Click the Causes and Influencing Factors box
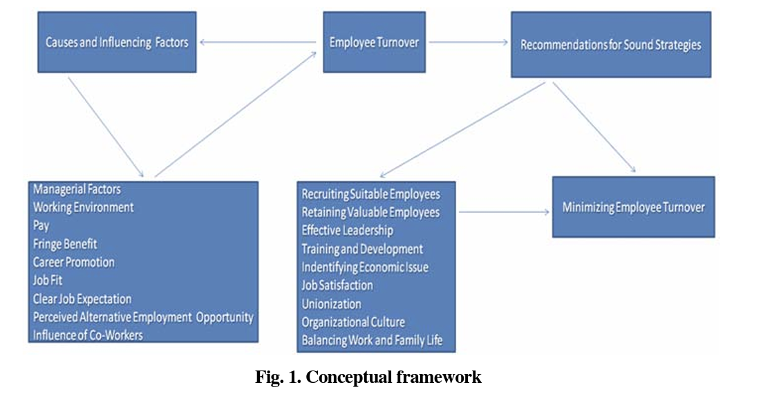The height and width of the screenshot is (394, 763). tap(117, 42)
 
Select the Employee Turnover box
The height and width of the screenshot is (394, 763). tap(375, 42)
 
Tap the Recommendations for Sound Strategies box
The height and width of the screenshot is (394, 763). tap(610, 45)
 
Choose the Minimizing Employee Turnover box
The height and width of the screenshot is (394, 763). tap(632, 207)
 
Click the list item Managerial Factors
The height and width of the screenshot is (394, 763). tap(77, 189)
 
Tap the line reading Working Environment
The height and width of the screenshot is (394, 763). tap(83, 207)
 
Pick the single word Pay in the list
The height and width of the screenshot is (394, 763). tap(41, 225)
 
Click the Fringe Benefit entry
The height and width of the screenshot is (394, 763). tap(65, 243)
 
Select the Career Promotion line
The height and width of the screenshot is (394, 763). tap(74, 262)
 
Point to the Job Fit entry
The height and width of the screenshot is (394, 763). tap(48, 281)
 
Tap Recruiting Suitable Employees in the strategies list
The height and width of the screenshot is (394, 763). tap(370, 194)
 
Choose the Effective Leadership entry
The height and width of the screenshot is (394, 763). tap(347, 230)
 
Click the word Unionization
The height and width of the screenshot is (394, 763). tap(331, 303)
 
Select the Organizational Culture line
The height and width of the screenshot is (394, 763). tap(353, 322)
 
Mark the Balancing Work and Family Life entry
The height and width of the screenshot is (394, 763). tap(372, 340)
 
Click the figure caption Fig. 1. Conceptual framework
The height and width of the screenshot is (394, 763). tap(368, 377)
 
